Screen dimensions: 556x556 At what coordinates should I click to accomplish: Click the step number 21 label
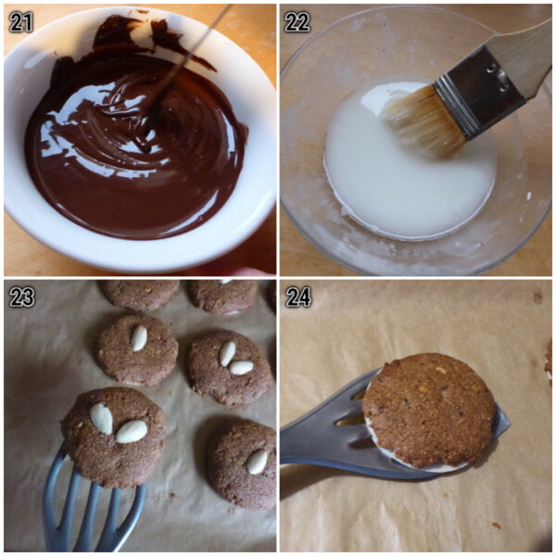click(20, 22)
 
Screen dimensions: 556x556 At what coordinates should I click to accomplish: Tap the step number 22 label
click(297, 22)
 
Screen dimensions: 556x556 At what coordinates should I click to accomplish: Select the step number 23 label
click(20, 297)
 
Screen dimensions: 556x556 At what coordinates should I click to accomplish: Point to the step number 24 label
click(297, 297)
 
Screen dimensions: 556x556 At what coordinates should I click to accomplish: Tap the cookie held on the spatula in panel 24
click(429, 407)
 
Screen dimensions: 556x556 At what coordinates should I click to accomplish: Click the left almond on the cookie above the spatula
click(101, 418)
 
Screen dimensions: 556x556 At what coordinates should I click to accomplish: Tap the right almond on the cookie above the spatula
click(132, 431)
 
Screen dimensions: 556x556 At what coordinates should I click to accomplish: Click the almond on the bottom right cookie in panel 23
click(258, 461)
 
